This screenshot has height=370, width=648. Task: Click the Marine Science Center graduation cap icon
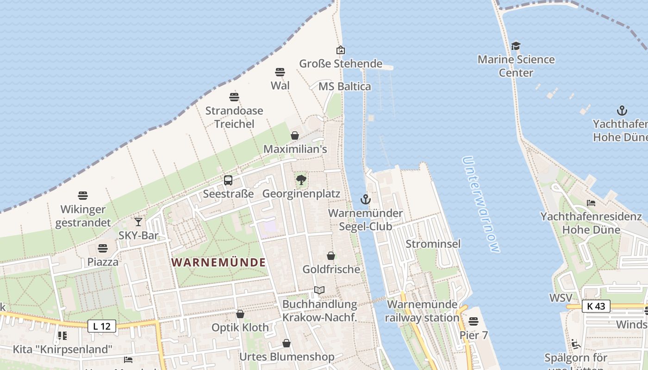(516, 46)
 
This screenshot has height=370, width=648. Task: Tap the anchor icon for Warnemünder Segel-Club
(366, 200)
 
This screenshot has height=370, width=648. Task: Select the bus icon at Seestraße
(228, 180)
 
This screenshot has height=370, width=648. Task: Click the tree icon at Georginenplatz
(301, 180)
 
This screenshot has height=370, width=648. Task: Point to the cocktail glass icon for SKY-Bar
(138, 222)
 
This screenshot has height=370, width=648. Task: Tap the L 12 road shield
(101, 326)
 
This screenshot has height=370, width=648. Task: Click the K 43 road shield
(596, 306)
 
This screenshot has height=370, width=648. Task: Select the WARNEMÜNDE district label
(218, 263)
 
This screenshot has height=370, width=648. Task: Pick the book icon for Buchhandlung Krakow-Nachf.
(319, 290)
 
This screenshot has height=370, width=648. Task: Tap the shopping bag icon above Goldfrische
(331, 256)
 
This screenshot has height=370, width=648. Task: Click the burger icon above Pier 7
(473, 321)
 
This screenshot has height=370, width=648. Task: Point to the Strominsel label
(433, 244)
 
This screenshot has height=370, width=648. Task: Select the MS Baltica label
(345, 86)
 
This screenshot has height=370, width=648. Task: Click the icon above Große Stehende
(341, 50)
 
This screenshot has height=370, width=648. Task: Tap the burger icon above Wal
(280, 72)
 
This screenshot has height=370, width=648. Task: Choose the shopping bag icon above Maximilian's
(295, 136)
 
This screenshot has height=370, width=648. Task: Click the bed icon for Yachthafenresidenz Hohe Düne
(591, 203)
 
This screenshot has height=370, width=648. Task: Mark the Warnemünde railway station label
(422, 311)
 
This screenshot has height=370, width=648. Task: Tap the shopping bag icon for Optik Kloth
(240, 314)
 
